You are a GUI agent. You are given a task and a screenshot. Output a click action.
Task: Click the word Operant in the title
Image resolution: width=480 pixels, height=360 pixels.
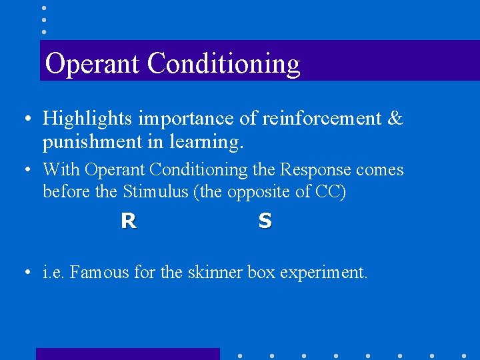tap(93, 64)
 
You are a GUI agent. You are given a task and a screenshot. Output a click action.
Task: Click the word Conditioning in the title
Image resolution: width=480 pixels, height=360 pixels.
tap(223, 64)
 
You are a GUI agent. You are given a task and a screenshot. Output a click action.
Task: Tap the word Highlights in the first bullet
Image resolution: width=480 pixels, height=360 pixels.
tap(87, 119)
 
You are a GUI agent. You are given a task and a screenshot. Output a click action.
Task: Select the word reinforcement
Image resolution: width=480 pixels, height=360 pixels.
tap(321, 119)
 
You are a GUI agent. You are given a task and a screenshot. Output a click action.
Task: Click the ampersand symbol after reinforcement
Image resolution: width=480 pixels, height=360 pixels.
tap(395, 119)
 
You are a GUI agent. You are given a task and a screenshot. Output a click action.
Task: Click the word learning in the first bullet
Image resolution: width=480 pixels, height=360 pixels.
tap(213, 142)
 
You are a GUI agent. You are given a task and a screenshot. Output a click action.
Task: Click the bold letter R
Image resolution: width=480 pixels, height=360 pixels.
tap(129, 221)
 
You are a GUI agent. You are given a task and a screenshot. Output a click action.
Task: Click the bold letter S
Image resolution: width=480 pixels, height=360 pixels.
tap(265, 221)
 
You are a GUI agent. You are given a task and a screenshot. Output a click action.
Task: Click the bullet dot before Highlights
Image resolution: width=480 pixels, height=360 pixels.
tap(25, 119)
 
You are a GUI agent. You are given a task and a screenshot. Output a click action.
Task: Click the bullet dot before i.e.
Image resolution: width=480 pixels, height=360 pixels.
tap(25, 273)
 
